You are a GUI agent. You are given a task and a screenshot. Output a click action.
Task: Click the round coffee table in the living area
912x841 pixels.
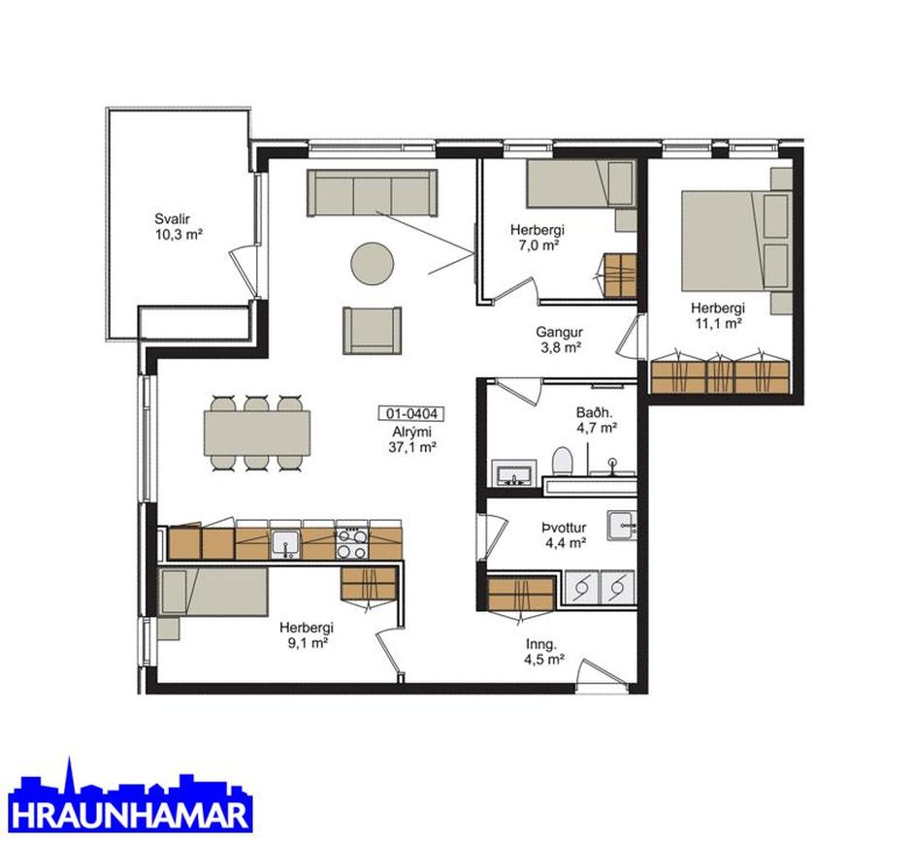point(373,264)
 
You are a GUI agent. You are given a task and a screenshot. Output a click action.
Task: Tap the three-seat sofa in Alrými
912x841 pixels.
point(373,193)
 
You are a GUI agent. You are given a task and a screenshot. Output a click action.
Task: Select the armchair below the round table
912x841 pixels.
point(373,331)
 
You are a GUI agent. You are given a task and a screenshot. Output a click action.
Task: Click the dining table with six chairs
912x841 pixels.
point(256,433)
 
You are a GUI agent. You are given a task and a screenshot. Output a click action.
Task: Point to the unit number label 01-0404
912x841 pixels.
point(411,413)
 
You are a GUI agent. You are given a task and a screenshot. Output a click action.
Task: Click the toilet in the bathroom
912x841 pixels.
point(563,461)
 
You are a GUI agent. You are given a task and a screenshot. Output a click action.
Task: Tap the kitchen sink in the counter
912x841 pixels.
point(285,544)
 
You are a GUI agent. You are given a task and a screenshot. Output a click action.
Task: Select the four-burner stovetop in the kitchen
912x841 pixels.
point(351,544)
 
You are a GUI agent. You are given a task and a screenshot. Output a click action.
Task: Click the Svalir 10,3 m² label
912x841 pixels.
point(179,227)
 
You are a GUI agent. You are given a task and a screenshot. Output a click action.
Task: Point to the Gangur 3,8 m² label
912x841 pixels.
point(559,340)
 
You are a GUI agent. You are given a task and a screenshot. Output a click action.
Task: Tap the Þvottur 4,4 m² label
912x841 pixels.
point(564,535)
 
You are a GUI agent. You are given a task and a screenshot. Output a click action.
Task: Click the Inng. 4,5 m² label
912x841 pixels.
point(545,652)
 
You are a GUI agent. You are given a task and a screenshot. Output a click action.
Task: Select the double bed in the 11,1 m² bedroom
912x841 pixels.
point(736,241)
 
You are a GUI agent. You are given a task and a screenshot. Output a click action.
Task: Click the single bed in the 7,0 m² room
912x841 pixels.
point(580,184)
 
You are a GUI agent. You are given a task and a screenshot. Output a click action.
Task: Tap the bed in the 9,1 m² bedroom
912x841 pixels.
point(213,592)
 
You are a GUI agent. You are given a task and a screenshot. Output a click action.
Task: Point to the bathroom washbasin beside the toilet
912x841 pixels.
point(513,472)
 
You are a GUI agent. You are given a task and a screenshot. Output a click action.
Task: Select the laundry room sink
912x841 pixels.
point(622,526)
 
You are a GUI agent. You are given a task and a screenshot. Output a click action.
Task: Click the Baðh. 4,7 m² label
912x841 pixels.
point(596,420)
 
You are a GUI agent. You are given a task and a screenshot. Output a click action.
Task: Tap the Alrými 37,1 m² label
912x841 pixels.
point(411,439)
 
